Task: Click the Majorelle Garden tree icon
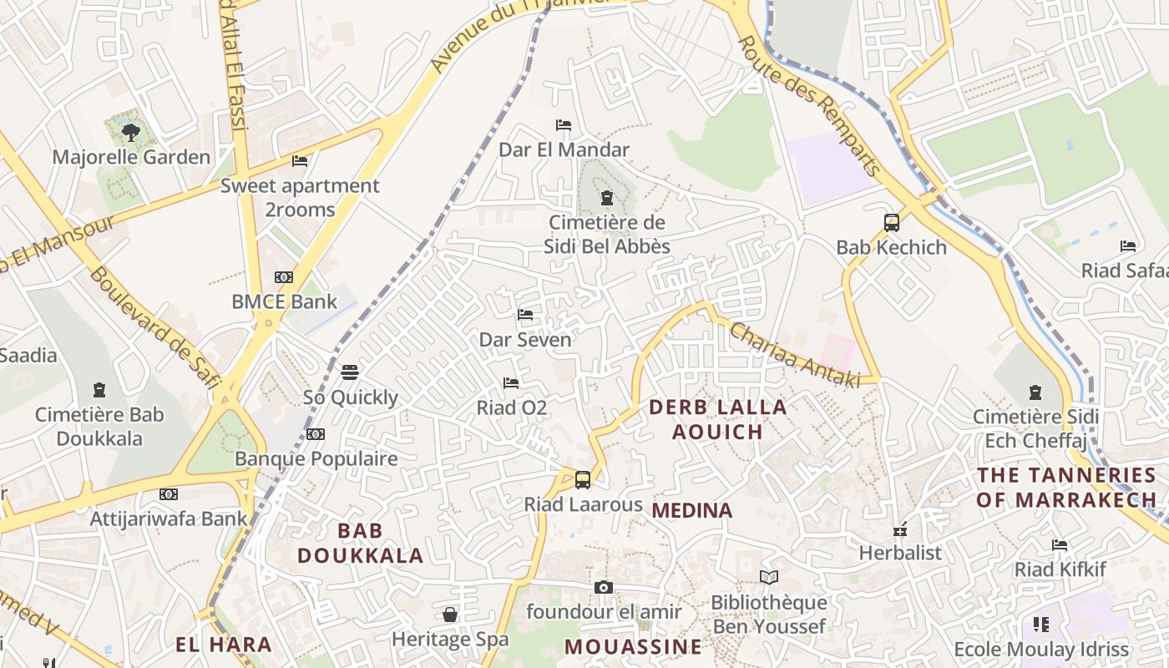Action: click(130, 131)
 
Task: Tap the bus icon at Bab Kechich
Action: click(892, 223)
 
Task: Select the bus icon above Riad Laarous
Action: click(583, 480)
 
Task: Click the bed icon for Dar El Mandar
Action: click(564, 125)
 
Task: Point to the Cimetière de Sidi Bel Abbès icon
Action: click(607, 198)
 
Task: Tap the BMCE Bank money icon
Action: click(284, 277)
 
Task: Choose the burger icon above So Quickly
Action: click(350, 372)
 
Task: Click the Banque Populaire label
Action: click(316, 458)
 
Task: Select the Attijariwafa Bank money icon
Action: click(169, 494)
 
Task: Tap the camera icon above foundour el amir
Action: click(604, 588)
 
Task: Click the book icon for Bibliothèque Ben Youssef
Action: click(769, 577)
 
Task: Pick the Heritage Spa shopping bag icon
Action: click(450, 615)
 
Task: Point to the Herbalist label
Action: click(900, 553)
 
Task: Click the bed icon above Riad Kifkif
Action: click(1060, 545)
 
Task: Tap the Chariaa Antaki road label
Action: click(794, 355)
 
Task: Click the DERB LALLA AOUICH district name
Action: click(717, 419)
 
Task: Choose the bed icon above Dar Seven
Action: click(525, 315)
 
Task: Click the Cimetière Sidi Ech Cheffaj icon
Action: click(1035, 392)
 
